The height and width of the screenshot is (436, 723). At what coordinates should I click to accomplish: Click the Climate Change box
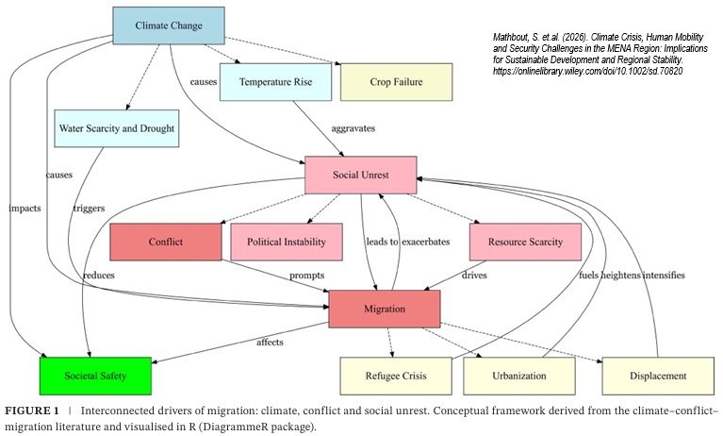tap(169, 25)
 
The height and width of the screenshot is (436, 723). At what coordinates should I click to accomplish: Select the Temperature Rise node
tap(274, 82)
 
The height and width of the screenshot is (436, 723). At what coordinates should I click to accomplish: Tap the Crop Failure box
tap(395, 82)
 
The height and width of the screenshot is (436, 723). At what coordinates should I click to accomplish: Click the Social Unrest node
tap(360, 176)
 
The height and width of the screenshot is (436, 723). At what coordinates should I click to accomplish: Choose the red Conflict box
tap(165, 242)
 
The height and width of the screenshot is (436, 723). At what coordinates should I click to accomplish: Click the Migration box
tap(384, 310)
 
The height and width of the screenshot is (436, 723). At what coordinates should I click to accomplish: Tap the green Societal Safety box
tap(95, 376)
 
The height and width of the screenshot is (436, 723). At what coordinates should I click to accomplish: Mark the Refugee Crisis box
tap(395, 376)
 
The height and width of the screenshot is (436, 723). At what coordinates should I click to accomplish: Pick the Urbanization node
tap(518, 376)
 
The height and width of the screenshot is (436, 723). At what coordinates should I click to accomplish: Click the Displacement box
tap(657, 376)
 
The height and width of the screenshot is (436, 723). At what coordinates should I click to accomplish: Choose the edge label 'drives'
tap(476, 276)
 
